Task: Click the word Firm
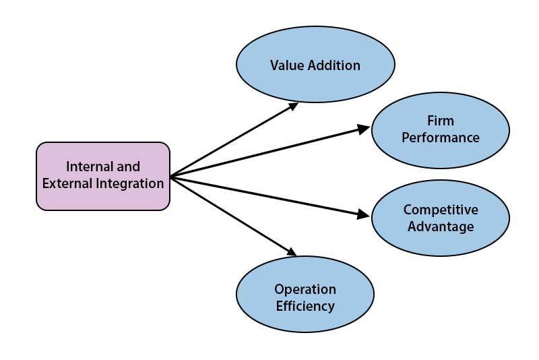coord(441,121)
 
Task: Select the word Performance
coord(441,138)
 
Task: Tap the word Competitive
coord(441,210)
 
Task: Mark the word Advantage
coord(441,227)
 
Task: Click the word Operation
coord(305,289)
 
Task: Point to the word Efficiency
coord(305,306)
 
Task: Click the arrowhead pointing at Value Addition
coord(294,105)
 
